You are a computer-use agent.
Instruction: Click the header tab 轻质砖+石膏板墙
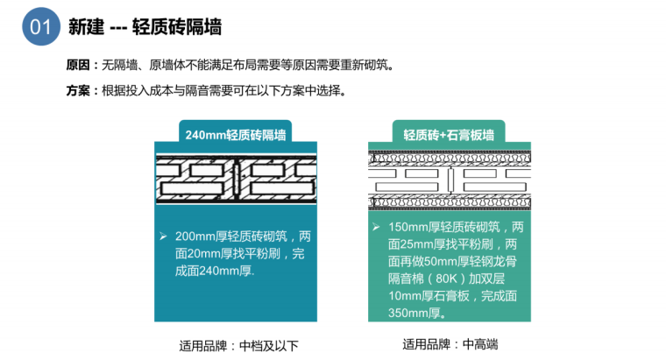pyautogui.click(x=449, y=135)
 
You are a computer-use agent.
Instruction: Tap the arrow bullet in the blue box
pyautogui.click(x=163, y=236)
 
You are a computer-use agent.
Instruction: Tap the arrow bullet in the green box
pyautogui.click(x=376, y=228)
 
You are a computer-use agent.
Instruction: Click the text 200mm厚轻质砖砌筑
pyautogui.click(x=232, y=236)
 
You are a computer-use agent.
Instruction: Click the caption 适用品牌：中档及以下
pyautogui.click(x=235, y=344)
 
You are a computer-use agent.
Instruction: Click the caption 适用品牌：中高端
pyautogui.click(x=449, y=343)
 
